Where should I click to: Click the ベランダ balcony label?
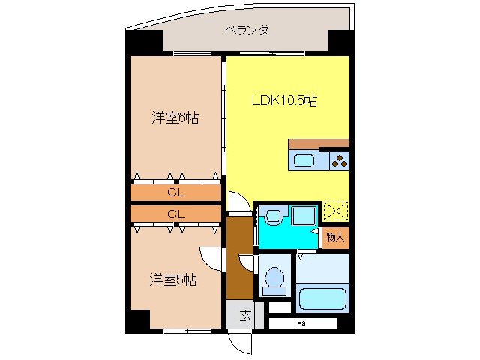click(x=247, y=31)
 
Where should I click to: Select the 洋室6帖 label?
click(x=175, y=118)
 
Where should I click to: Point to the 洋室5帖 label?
click(x=172, y=280)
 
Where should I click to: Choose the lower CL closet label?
click(x=175, y=214)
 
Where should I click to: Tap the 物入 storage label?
click(x=335, y=237)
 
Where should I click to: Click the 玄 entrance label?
click(x=245, y=315)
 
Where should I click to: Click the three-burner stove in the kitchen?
click(x=339, y=160)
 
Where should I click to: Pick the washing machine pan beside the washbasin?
click(x=303, y=216)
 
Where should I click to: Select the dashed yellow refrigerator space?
click(x=335, y=212)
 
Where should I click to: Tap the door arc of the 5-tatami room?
click(x=214, y=258)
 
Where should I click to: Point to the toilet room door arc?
click(x=248, y=265)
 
